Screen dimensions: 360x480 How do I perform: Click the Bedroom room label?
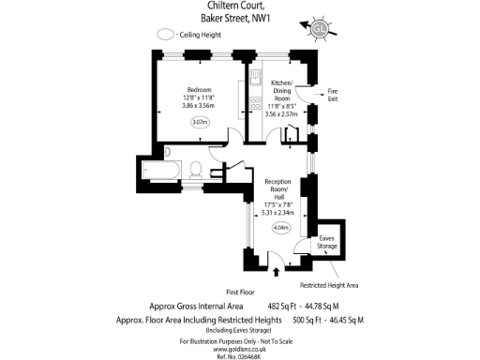[x=199, y=89]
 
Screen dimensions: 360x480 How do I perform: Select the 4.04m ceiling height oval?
[x=280, y=227]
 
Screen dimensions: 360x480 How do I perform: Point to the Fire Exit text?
[x=332, y=94]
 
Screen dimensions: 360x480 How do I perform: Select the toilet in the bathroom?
[x=195, y=170]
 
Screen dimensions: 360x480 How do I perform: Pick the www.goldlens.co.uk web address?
[x=240, y=348]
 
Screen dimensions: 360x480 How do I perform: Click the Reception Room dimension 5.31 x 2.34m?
[x=282, y=212]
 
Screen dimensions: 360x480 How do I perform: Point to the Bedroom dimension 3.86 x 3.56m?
[x=199, y=106]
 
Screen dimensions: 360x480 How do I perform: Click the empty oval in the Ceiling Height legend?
[x=166, y=34]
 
